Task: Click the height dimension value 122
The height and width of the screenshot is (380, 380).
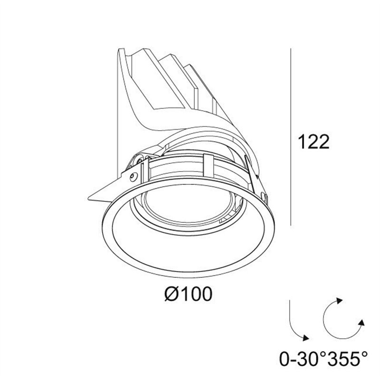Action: (314, 142)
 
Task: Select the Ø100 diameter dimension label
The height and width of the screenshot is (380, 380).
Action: (188, 294)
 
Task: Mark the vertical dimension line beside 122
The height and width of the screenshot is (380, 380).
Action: (291, 137)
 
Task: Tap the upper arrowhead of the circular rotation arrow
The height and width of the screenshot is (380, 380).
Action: (339, 301)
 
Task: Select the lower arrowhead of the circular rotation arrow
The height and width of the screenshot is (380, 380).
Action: (361, 323)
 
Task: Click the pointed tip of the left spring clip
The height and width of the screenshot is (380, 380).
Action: (88, 199)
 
